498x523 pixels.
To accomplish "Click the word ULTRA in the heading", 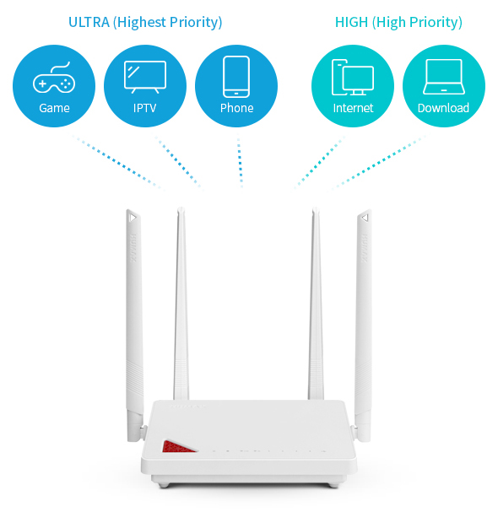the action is [89, 22].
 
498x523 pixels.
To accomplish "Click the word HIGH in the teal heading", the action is [351, 22].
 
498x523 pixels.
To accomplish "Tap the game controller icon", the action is [54, 78].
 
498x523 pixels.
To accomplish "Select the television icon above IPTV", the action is [145, 77].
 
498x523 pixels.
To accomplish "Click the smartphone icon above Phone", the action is [236, 77].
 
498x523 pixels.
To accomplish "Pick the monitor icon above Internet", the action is [353, 77].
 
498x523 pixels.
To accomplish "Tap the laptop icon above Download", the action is [444, 77].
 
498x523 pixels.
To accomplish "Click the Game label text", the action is [54, 108].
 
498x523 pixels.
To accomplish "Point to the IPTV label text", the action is [145, 108].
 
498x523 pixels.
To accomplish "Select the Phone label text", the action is [236, 108].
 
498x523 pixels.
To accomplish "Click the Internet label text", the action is [353, 108].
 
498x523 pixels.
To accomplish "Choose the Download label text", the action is [444, 108].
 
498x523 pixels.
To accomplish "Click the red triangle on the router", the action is [177, 447].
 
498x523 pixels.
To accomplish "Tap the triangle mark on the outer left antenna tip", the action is [133, 218].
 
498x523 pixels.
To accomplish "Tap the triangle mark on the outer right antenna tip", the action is [365, 218].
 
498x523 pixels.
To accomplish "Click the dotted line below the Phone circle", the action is [240, 161].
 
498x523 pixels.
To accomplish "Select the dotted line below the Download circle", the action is [379, 163].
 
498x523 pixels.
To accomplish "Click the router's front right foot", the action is [333, 485].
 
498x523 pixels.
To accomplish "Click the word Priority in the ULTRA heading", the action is [196, 22].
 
